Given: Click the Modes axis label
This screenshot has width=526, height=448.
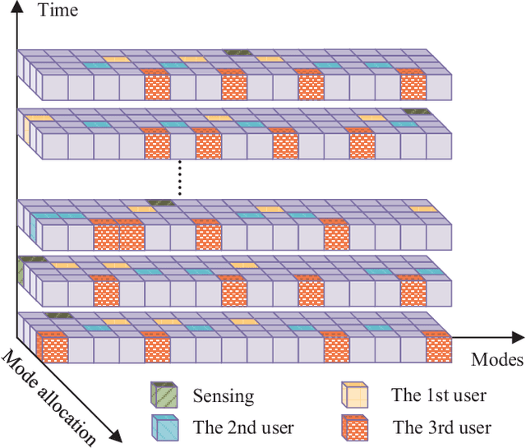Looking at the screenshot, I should [x=496, y=359].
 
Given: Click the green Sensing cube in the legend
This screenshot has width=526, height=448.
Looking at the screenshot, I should [x=163, y=395].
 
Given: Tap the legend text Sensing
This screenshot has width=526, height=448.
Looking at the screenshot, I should [x=223, y=395].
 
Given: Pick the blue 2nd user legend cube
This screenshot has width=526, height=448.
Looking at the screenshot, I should [x=163, y=426].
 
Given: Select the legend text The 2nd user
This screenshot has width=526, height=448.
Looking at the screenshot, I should [x=242, y=427].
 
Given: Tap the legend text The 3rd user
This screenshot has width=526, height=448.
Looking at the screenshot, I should [x=441, y=427].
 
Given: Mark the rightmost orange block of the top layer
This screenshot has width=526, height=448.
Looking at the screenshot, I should [x=412, y=85].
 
